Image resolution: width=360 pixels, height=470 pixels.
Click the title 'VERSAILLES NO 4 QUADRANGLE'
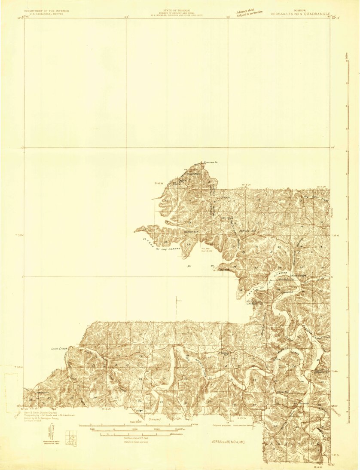pos(301,14)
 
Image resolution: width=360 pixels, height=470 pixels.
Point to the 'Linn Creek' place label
pos(60,348)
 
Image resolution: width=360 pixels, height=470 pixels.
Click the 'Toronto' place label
pos(304,404)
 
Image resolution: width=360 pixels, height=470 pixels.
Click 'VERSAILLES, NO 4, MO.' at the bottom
pos(230,442)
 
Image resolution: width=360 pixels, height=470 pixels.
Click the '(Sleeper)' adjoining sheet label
pos(154,418)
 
